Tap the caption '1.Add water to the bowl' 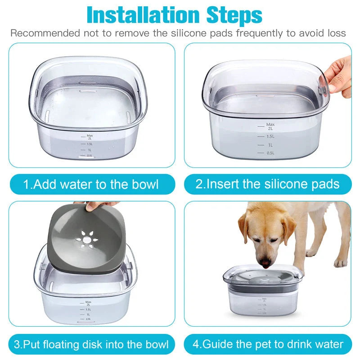tap(91, 184)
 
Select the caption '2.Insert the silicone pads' tap(267, 184)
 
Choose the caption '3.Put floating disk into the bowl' tap(91, 345)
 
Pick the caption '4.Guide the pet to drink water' tap(268, 345)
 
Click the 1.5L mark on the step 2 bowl tap(270, 136)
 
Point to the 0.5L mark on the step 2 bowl tap(270, 153)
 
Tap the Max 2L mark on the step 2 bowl tap(270, 126)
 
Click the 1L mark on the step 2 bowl tap(270, 145)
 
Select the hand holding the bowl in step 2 tap(339, 76)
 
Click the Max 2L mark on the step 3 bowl tap(88, 303)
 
